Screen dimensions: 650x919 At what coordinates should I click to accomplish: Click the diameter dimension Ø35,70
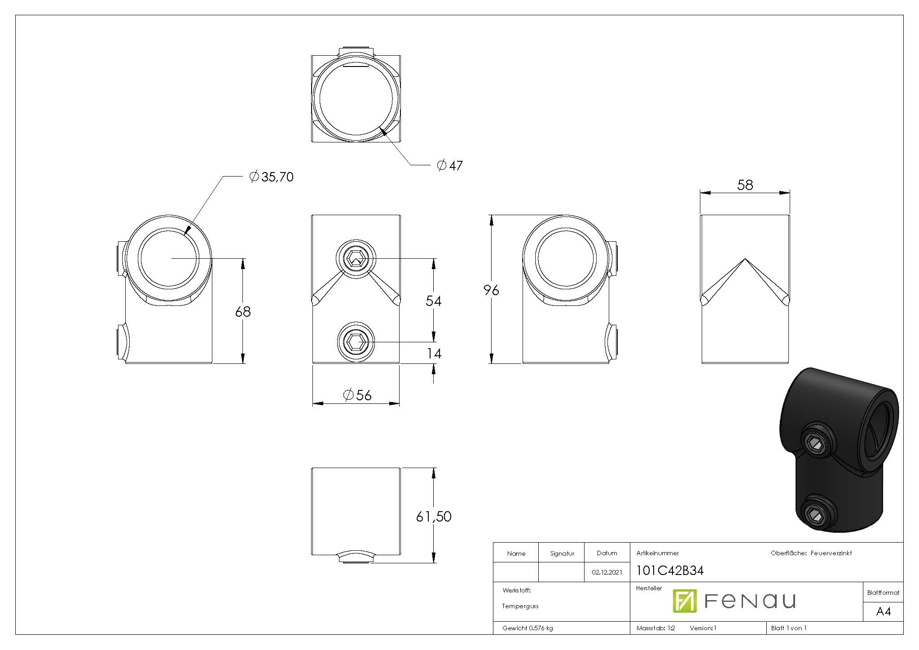point(272,177)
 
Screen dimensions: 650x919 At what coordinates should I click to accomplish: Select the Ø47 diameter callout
point(450,166)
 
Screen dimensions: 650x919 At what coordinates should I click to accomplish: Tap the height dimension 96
point(491,291)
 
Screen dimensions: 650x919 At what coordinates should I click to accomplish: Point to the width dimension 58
point(745,185)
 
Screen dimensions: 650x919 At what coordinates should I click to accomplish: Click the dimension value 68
point(243,311)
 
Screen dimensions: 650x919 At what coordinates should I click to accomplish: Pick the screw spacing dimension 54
point(433,301)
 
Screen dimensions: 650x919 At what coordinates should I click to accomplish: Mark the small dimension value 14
point(434,354)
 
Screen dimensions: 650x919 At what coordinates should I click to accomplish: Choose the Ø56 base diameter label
point(357,395)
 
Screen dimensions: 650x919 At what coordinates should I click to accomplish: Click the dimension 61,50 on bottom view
point(433,517)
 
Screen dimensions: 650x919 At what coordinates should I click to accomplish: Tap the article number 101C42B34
point(670,570)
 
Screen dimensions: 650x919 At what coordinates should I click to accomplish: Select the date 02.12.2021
point(607,572)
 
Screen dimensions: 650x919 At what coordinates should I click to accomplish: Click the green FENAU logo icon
point(684,601)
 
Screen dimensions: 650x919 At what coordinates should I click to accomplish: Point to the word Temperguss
point(520,606)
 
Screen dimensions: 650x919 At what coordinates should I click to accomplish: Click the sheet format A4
point(883,611)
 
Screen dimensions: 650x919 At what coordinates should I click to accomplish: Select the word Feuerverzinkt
point(831,553)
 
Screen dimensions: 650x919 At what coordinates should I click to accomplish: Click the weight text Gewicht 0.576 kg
point(528,628)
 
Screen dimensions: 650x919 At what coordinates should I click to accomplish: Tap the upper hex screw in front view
point(356,259)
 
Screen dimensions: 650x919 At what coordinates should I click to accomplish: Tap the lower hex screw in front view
point(356,342)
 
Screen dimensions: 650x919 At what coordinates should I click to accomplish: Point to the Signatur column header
point(562,553)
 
